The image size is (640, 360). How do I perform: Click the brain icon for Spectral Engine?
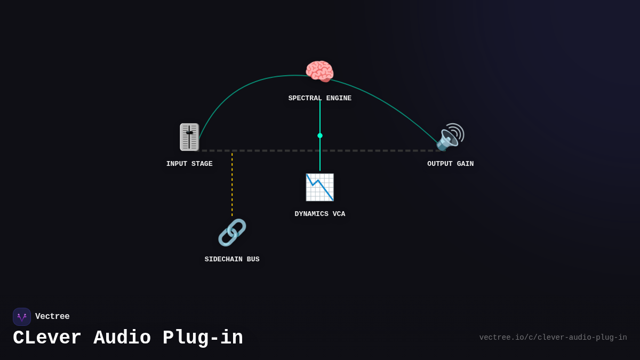[x=319, y=71]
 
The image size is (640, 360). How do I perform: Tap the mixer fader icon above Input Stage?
[x=189, y=137]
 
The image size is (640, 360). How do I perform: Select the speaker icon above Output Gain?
[x=450, y=137]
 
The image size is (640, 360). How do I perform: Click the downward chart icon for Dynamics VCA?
[x=319, y=187]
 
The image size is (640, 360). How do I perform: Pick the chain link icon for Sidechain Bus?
[x=232, y=233]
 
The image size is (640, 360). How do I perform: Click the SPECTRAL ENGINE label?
[x=319, y=99]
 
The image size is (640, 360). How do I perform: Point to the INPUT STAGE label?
[x=189, y=164]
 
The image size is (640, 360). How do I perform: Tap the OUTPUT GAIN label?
[x=450, y=164]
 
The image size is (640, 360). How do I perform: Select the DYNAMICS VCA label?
[x=319, y=214]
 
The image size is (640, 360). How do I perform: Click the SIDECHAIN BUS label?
[x=232, y=260]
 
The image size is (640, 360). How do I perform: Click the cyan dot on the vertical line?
[x=320, y=135]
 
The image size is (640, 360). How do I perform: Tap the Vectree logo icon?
[x=22, y=317]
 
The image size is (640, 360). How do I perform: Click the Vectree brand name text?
[x=52, y=317]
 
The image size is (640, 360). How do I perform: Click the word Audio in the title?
[x=122, y=338]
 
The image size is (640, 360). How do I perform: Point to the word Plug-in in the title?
[x=203, y=338]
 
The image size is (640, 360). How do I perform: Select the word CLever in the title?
[x=47, y=338]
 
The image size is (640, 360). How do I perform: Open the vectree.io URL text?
[x=553, y=338]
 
